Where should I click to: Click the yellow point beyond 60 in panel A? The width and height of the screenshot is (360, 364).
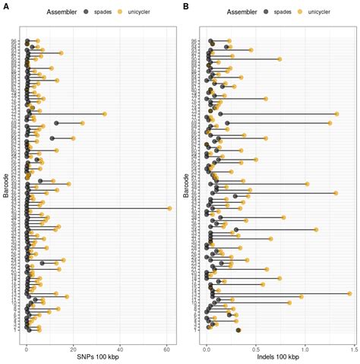point(169,208)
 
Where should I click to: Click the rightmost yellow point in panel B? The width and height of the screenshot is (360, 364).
point(349,293)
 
